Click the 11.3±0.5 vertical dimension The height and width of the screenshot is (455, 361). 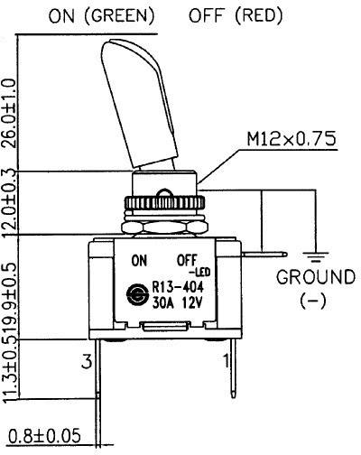pos(10,379)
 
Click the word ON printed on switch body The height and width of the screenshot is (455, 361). pos(139,261)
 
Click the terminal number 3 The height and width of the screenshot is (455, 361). pos(88,362)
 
